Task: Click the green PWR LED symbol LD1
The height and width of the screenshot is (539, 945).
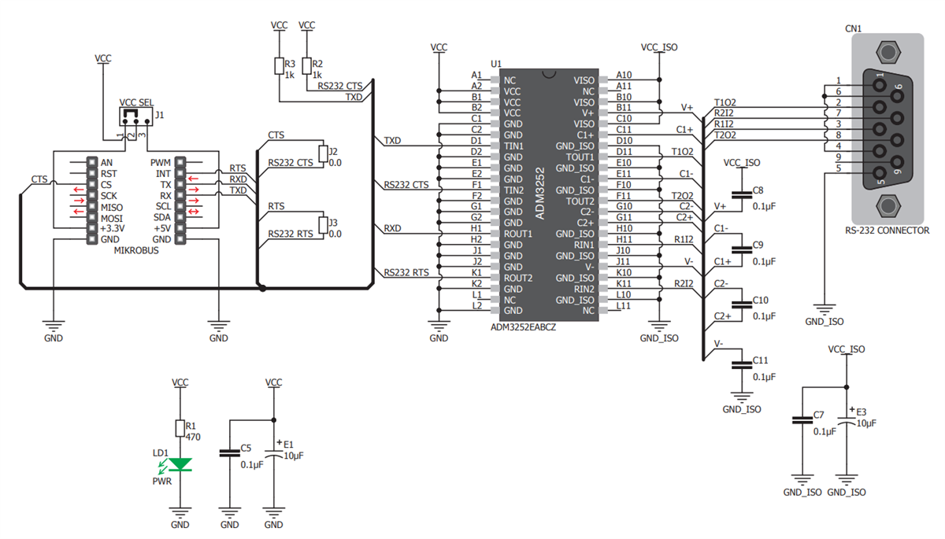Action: click(x=180, y=464)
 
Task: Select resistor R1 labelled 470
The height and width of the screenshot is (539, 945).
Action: click(x=180, y=428)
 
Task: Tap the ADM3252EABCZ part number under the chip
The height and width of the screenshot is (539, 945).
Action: click(x=523, y=327)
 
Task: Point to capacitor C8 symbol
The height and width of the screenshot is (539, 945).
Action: click(x=739, y=195)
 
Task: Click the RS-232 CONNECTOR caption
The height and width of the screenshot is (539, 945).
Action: click(x=888, y=231)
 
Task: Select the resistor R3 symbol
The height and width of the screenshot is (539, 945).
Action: click(x=278, y=65)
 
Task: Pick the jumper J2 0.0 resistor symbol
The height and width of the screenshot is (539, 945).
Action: click(x=322, y=153)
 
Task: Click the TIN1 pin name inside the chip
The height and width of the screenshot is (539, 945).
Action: click(x=513, y=146)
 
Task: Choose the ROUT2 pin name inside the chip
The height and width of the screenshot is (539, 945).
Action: click(x=518, y=278)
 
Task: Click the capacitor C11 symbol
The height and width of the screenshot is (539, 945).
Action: click(x=739, y=364)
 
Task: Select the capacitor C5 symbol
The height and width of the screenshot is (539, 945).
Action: click(x=229, y=452)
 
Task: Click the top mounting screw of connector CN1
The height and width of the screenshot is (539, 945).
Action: click(x=889, y=54)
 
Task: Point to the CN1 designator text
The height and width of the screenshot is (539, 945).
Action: click(x=853, y=28)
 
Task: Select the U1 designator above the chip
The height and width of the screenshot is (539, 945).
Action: click(x=495, y=63)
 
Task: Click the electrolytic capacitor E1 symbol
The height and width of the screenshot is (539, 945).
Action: click(x=273, y=452)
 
